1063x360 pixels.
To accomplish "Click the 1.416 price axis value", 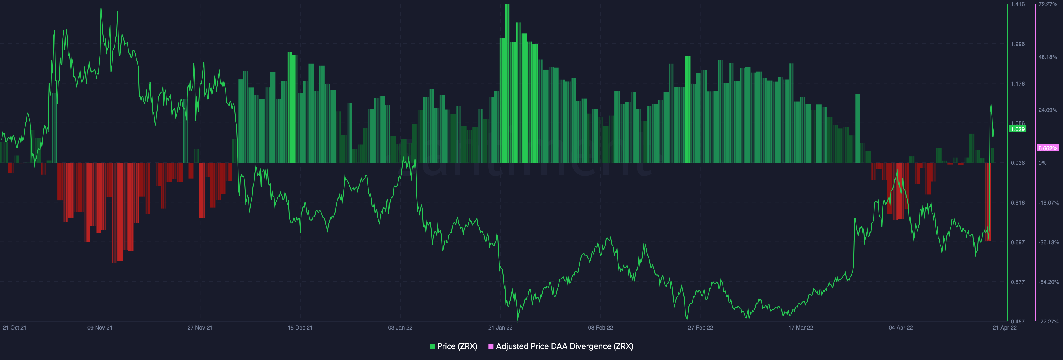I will [1018, 4].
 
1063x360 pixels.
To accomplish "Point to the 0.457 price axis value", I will [1018, 321].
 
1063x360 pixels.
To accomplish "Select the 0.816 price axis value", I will [1018, 203].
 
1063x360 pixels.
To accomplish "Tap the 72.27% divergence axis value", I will [1048, 4].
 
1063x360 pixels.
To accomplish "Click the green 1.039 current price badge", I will [1018, 129].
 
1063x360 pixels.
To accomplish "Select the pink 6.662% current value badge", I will [1048, 148].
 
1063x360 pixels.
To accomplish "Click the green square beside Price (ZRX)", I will [432, 346].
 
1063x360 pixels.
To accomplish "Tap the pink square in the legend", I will [491, 346].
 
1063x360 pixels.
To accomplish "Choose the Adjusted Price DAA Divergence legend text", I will [564, 346].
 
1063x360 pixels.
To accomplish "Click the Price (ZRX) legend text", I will [457, 346].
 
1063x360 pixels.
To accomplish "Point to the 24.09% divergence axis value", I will [1048, 110].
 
